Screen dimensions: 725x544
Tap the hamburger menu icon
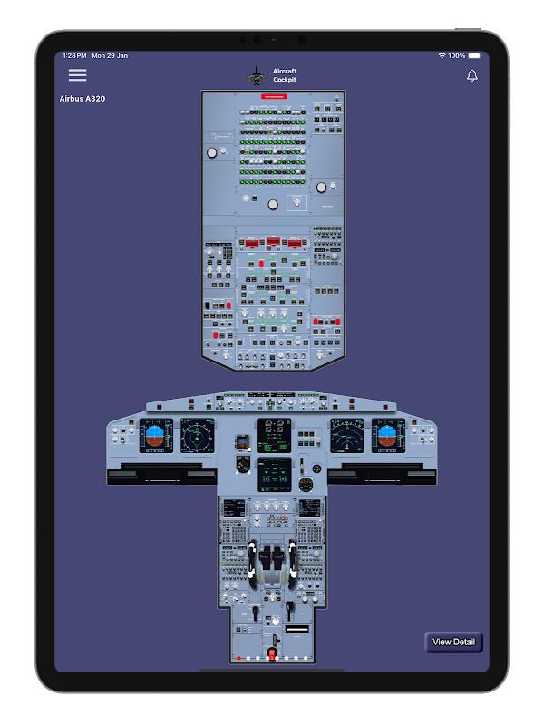[78, 75]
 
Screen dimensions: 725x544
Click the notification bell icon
[472, 75]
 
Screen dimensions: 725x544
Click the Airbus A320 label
[83, 98]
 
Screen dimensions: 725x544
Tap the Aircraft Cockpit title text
[285, 75]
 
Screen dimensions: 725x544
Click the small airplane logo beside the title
[257, 76]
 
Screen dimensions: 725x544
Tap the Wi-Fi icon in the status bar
[442, 55]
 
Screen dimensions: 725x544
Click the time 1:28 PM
[74, 55]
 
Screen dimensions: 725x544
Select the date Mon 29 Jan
[110, 55]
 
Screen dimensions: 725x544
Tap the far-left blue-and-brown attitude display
[156, 435]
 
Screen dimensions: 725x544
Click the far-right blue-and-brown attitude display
[388, 435]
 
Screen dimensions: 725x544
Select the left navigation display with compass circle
[197, 435]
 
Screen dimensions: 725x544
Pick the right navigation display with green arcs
[346, 435]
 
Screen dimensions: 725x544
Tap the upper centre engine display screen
[274, 434]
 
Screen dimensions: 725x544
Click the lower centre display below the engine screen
[274, 474]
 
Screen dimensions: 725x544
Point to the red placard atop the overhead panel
[273, 95]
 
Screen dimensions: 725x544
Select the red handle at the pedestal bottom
[272, 653]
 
